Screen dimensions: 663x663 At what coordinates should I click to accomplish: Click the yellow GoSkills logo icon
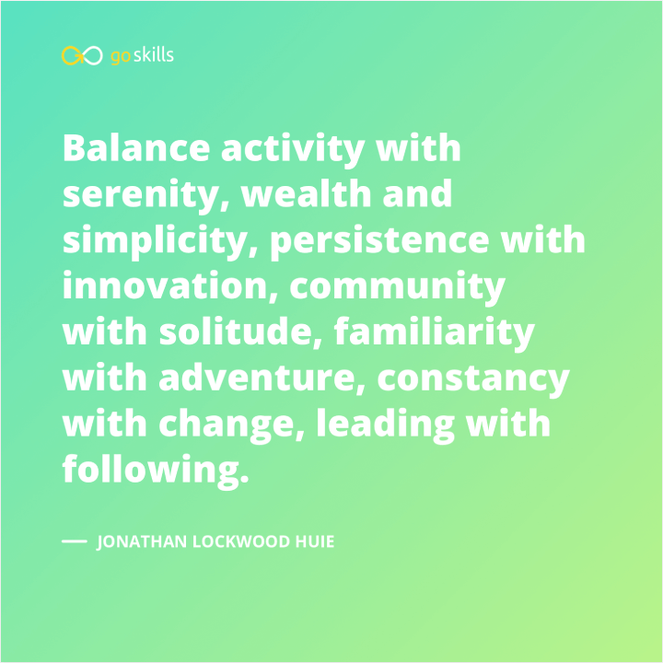(x=81, y=56)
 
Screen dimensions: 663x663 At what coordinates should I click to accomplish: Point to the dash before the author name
(x=74, y=541)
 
